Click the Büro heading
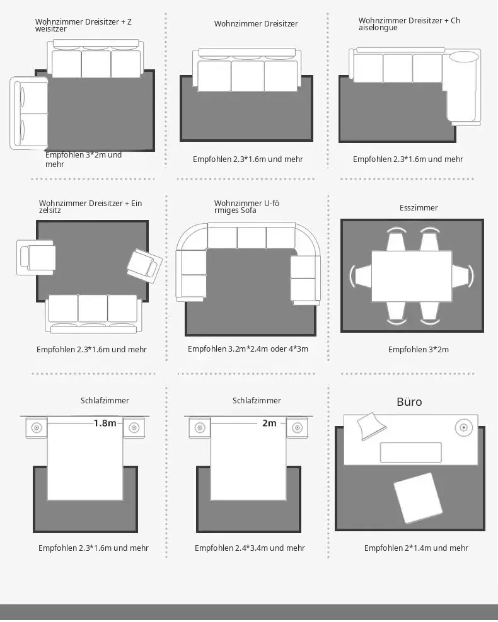(x=409, y=402)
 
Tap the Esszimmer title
(x=419, y=207)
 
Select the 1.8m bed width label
(x=105, y=423)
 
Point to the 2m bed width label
(x=269, y=423)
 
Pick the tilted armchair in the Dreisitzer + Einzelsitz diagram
(x=144, y=265)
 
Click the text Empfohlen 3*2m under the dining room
(x=418, y=350)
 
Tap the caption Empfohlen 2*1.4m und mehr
(x=416, y=548)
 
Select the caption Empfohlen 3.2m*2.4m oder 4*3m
(x=248, y=348)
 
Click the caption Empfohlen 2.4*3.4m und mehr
(x=250, y=548)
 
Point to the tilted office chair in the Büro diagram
(x=418, y=497)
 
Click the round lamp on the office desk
(x=463, y=428)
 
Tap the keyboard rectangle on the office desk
(x=411, y=452)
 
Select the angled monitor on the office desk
(x=371, y=426)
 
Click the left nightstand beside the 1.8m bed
(x=37, y=428)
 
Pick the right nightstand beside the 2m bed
(x=297, y=428)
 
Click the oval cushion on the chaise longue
(x=463, y=57)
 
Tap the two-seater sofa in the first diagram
(x=28, y=113)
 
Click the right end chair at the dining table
(x=463, y=275)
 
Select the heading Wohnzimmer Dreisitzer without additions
(x=256, y=24)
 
